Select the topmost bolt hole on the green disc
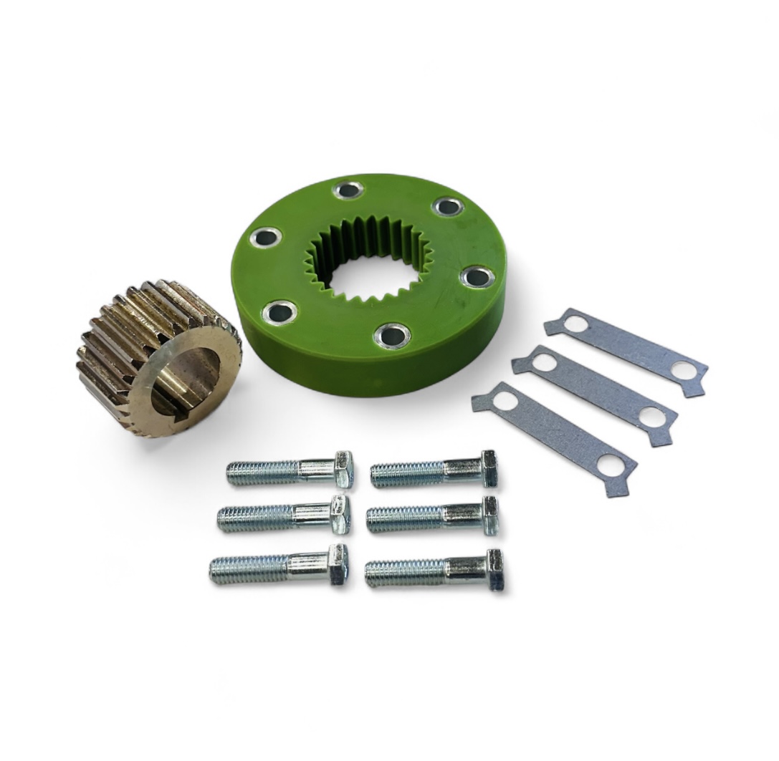[348, 190]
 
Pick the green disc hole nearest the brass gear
[279, 311]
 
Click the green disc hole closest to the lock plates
[477, 276]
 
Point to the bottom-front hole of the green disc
[392, 334]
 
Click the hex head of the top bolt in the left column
[343, 470]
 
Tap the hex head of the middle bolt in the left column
[339, 515]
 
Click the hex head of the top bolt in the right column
[489, 468]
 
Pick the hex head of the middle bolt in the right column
[490, 515]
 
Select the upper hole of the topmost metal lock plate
[575, 324]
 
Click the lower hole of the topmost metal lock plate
[684, 370]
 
